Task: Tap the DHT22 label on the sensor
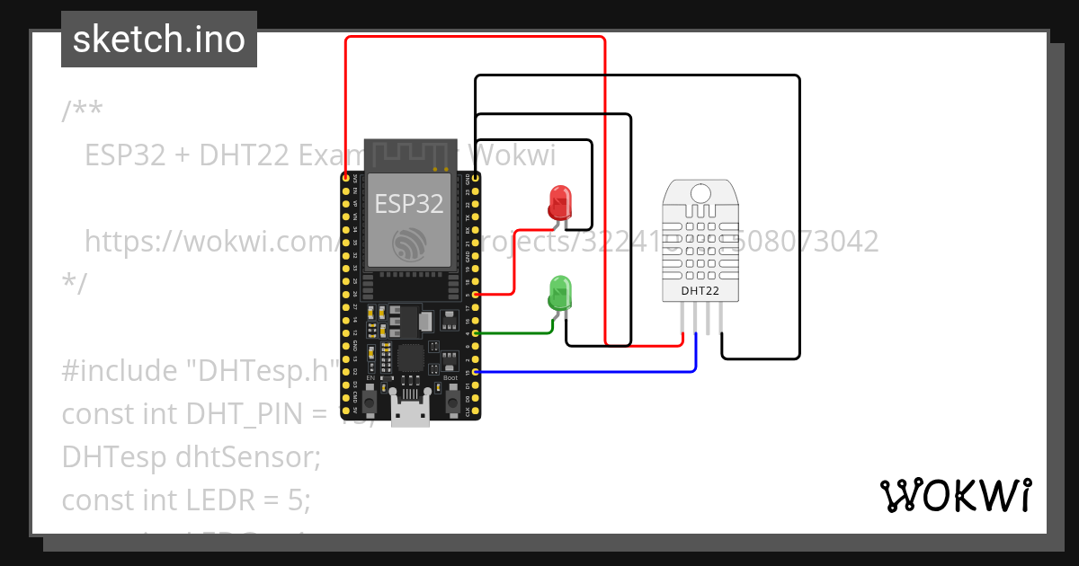tap(699, 290)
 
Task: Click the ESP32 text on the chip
tap(409, 203)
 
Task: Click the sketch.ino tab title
tap(159, 40)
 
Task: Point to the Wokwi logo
tap(955, 495)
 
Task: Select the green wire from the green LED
tap(517, 333)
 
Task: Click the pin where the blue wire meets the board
tap(474, 371)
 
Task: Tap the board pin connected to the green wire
tap(474, 333)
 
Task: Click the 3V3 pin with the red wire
tap(346, 179)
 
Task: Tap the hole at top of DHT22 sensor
tap(699, 190)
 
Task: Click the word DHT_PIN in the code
tap(243, 413)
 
